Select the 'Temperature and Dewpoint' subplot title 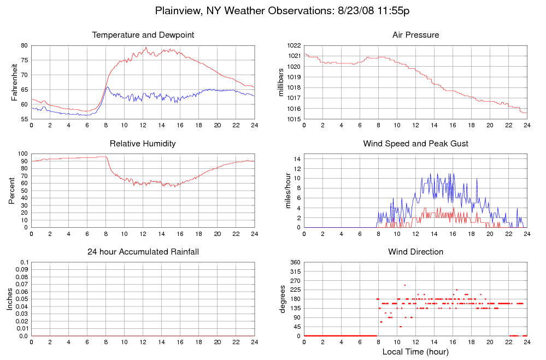(x=143, y=35)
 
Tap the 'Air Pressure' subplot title (x=415, y=35)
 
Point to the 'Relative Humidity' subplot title (x=143, y=144)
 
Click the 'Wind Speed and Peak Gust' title (x=415, y=144)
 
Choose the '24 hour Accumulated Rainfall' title (x=143, y=252)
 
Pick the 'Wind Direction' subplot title (x=415, y=252)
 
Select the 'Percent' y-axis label (x=11, y=191)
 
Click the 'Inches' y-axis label (x=10, y=299)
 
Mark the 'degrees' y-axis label (x=283, y=299)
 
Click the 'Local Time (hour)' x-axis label (x=415, y=351)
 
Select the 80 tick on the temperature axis (x=24, y=45)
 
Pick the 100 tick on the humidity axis (x=22, y=154)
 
